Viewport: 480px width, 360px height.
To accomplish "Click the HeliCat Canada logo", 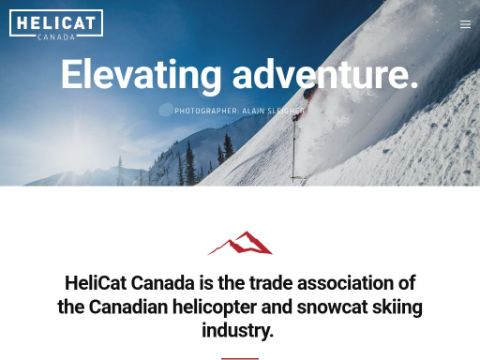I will tap(55, 23).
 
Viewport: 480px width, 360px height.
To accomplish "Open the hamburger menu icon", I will tap(465, 25).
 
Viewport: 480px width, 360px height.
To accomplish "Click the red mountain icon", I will tap(240, 243).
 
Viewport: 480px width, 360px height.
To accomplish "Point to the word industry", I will tap(239, 331).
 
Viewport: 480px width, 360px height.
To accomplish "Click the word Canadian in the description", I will tap(134, 307).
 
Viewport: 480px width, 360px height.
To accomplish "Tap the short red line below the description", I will tap(240, 357).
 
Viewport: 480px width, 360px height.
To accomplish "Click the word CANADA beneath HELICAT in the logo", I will tap(55, 37).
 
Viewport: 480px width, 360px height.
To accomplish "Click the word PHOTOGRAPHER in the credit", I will tap(206, 111).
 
